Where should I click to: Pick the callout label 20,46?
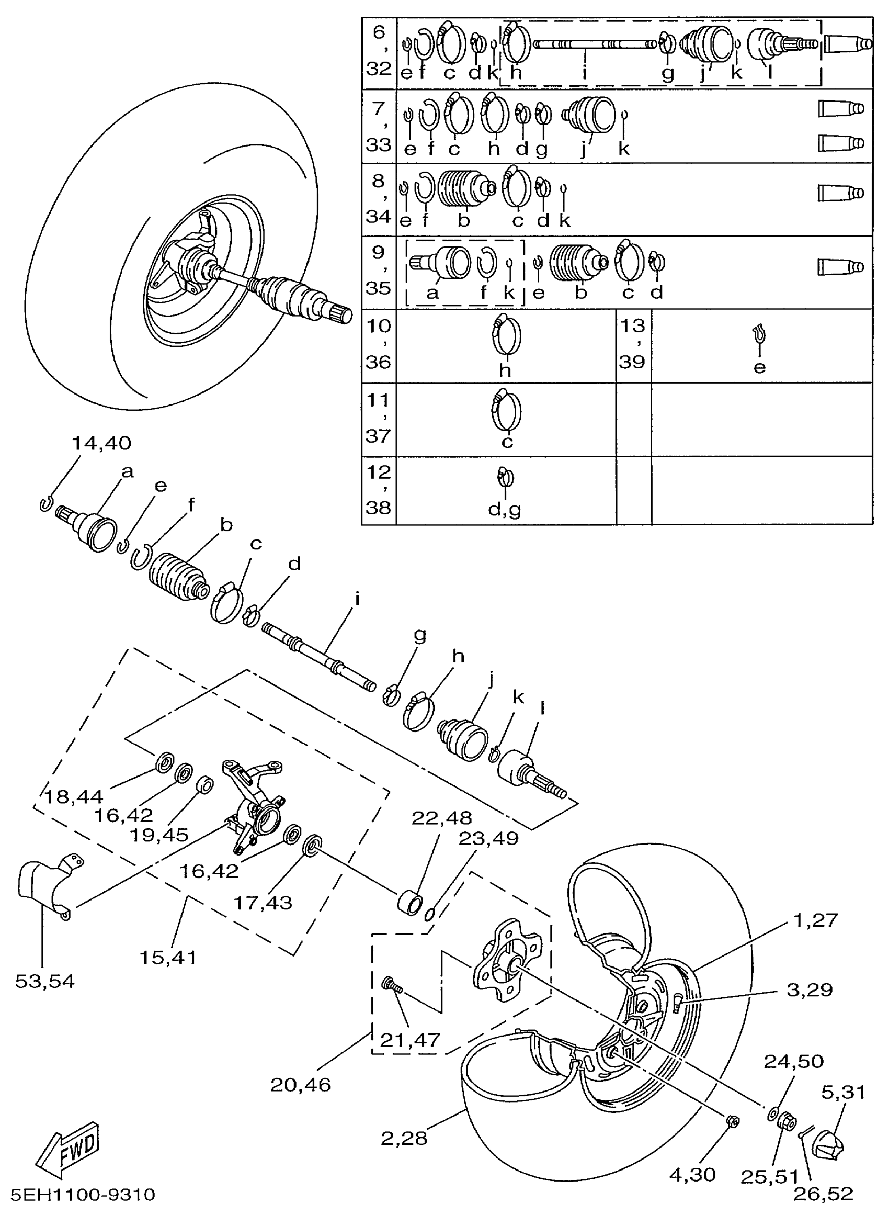[x=300, y=1084]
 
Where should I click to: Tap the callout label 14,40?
[x=101, y=443]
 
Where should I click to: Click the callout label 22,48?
[x=441, y=818]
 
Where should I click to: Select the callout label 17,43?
[x=263, y=902]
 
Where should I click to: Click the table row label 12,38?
[x=378, y=490]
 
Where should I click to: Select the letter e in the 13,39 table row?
[x=759, y=368]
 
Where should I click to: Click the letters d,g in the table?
[x=504, y=509]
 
